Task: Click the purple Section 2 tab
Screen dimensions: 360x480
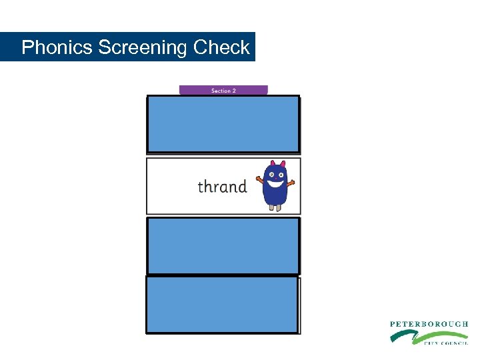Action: (x=223, y=90)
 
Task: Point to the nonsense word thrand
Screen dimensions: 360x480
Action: (x=222, y=187)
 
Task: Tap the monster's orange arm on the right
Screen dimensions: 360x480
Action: (x=291, y=182)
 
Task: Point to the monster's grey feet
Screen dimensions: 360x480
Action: (x=275, y=207)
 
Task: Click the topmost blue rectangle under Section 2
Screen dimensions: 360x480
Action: (x=223, y=124)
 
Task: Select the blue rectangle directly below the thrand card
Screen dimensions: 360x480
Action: (x=223, y=245)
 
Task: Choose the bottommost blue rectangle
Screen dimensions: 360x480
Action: (x=222, y=305)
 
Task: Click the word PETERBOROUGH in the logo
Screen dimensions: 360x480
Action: (x=429, y=324)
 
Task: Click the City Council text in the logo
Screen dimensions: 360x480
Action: (x=445, y=343)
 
